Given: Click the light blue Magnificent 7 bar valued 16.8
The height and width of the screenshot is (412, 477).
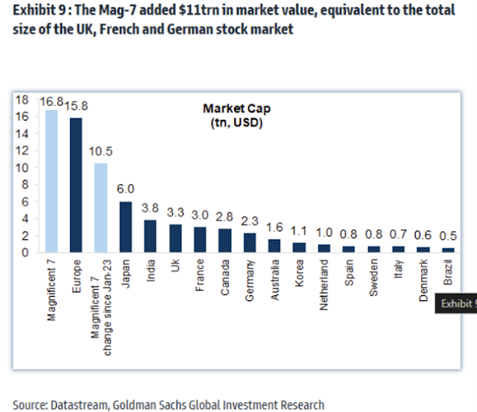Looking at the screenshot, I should point(51,181).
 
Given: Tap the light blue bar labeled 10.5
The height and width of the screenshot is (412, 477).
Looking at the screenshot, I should point(101,208).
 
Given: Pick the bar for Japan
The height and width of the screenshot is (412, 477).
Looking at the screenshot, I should point(125,226).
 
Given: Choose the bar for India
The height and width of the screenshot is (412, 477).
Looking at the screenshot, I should point(150,235).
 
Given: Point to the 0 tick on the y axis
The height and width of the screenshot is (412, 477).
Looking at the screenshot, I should point(25,253).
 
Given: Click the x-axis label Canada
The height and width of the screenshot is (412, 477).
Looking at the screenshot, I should point(224,276).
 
